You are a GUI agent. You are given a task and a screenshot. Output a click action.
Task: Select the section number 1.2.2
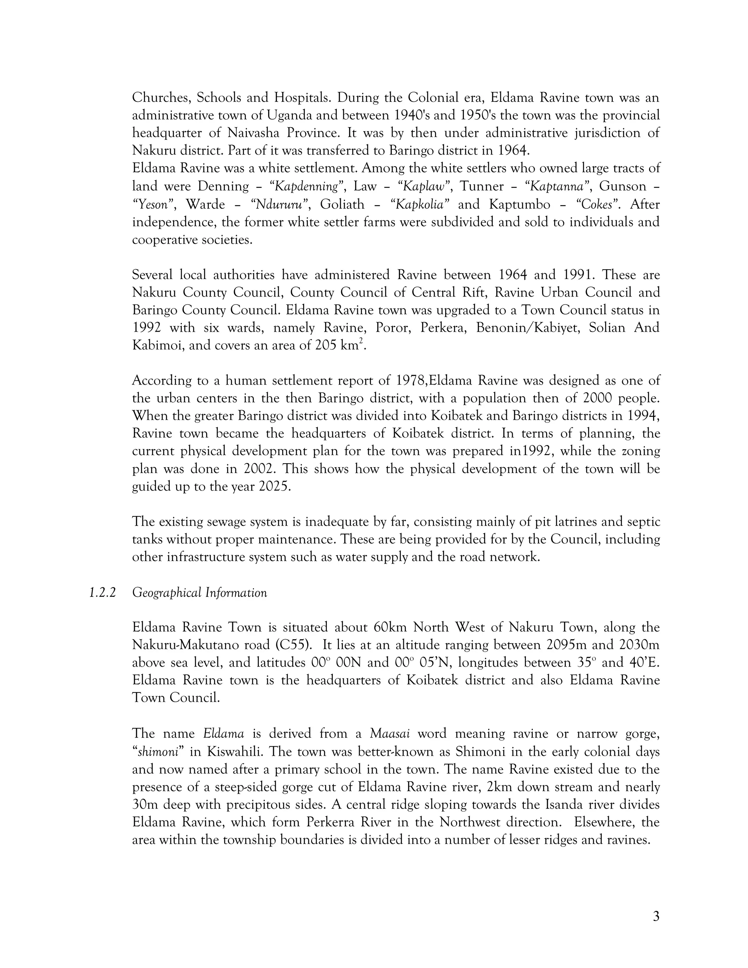(102, 592)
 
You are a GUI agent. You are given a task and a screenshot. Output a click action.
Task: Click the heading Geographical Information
(199, 592)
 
